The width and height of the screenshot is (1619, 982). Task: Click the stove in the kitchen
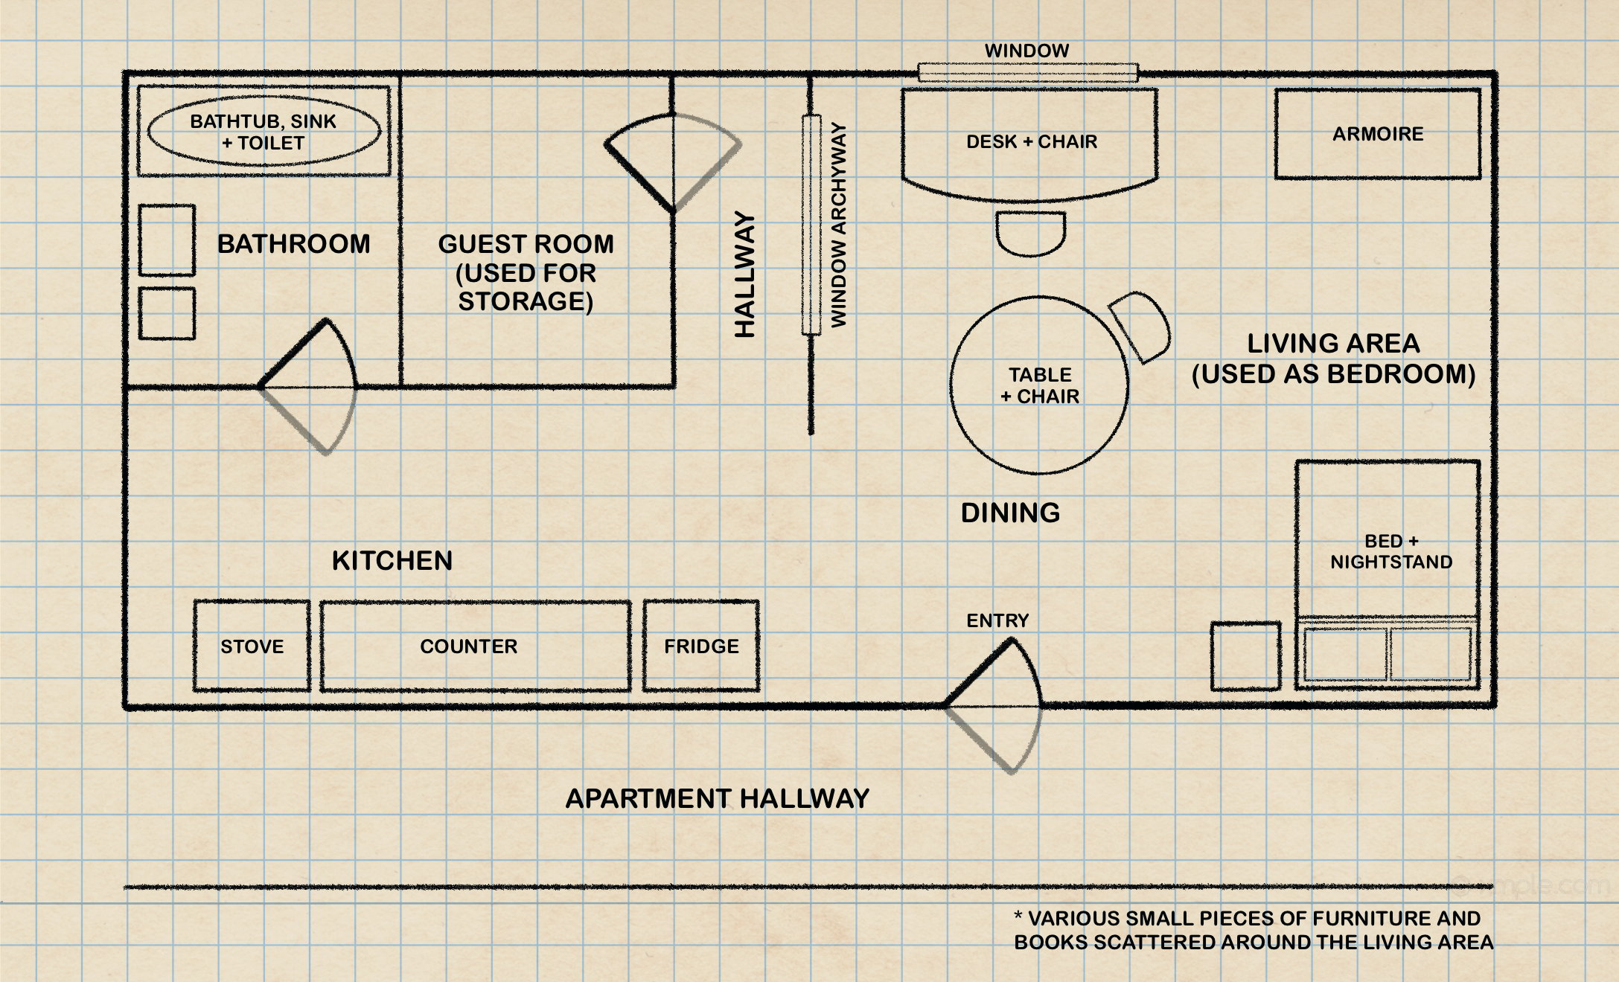point(252,646)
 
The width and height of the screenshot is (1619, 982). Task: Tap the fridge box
point(701,646)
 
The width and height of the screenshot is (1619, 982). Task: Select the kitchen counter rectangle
point(476,646)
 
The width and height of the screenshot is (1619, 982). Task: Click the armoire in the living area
point(1377,134)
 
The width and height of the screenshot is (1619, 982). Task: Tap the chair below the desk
point(1031,233)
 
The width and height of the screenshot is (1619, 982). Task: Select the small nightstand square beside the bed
point(1245,655)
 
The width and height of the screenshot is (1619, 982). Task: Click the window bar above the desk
point(1027,72)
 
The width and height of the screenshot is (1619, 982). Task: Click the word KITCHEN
point(392,560)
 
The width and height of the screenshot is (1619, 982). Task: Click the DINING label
point(1010,513)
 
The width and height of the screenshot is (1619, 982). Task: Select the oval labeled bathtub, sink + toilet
point(264,132)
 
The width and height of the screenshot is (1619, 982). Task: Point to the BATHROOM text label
point(293,244)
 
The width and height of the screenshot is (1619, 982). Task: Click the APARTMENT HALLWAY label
point(718,798)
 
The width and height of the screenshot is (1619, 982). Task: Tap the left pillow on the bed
point(1345,654)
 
